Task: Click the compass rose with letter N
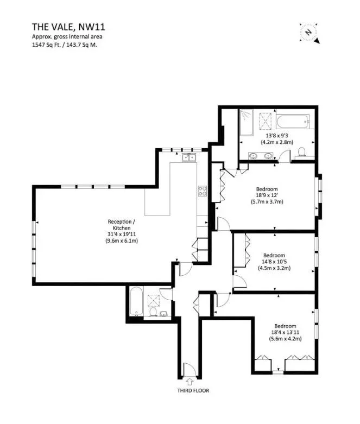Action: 309,33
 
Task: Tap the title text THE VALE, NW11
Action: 68,27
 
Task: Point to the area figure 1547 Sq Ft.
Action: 46,45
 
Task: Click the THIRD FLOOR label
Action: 193,390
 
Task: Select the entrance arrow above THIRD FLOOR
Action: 190,382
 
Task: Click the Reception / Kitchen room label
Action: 122,225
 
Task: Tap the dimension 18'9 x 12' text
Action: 267,195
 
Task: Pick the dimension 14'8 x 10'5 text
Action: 274,262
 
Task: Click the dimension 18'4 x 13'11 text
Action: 286,332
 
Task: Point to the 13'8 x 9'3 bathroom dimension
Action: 277,136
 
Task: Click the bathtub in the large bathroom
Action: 293,122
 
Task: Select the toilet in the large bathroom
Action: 301,152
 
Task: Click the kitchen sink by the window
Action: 189,157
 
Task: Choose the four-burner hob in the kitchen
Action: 203,191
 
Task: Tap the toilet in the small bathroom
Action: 153,312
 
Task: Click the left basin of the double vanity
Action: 254,156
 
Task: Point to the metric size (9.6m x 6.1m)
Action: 122,241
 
